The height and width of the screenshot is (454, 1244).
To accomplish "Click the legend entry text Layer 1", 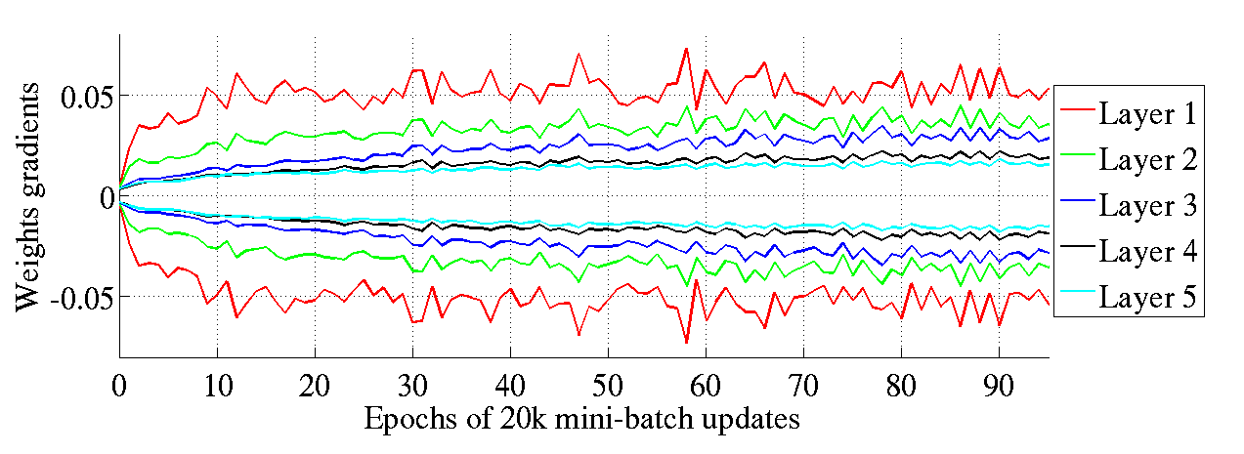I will pyautogui.click(x=1147, y=113).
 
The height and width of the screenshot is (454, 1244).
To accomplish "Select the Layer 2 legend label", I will pyautogui.click(x=1147, y=159).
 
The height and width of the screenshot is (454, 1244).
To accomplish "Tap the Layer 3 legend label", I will pyautogui.click(x=1147, y=205).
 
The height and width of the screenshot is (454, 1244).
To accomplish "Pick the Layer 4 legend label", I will pyautogui.click(x=1147, y=251).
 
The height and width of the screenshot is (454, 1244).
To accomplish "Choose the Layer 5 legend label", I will pyautogui.click(x=1147, y=297).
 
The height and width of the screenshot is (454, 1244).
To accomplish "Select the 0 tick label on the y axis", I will pyautogui.click(x=105, y=196).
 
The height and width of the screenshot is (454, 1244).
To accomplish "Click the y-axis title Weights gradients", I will pyautogui.click(x=28, y=196).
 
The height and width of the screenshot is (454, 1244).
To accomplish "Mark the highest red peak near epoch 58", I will pyautogui.click(x=686, y=48).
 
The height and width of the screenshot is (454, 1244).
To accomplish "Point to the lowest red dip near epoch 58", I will pyautogui.click(x=686, y=343).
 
